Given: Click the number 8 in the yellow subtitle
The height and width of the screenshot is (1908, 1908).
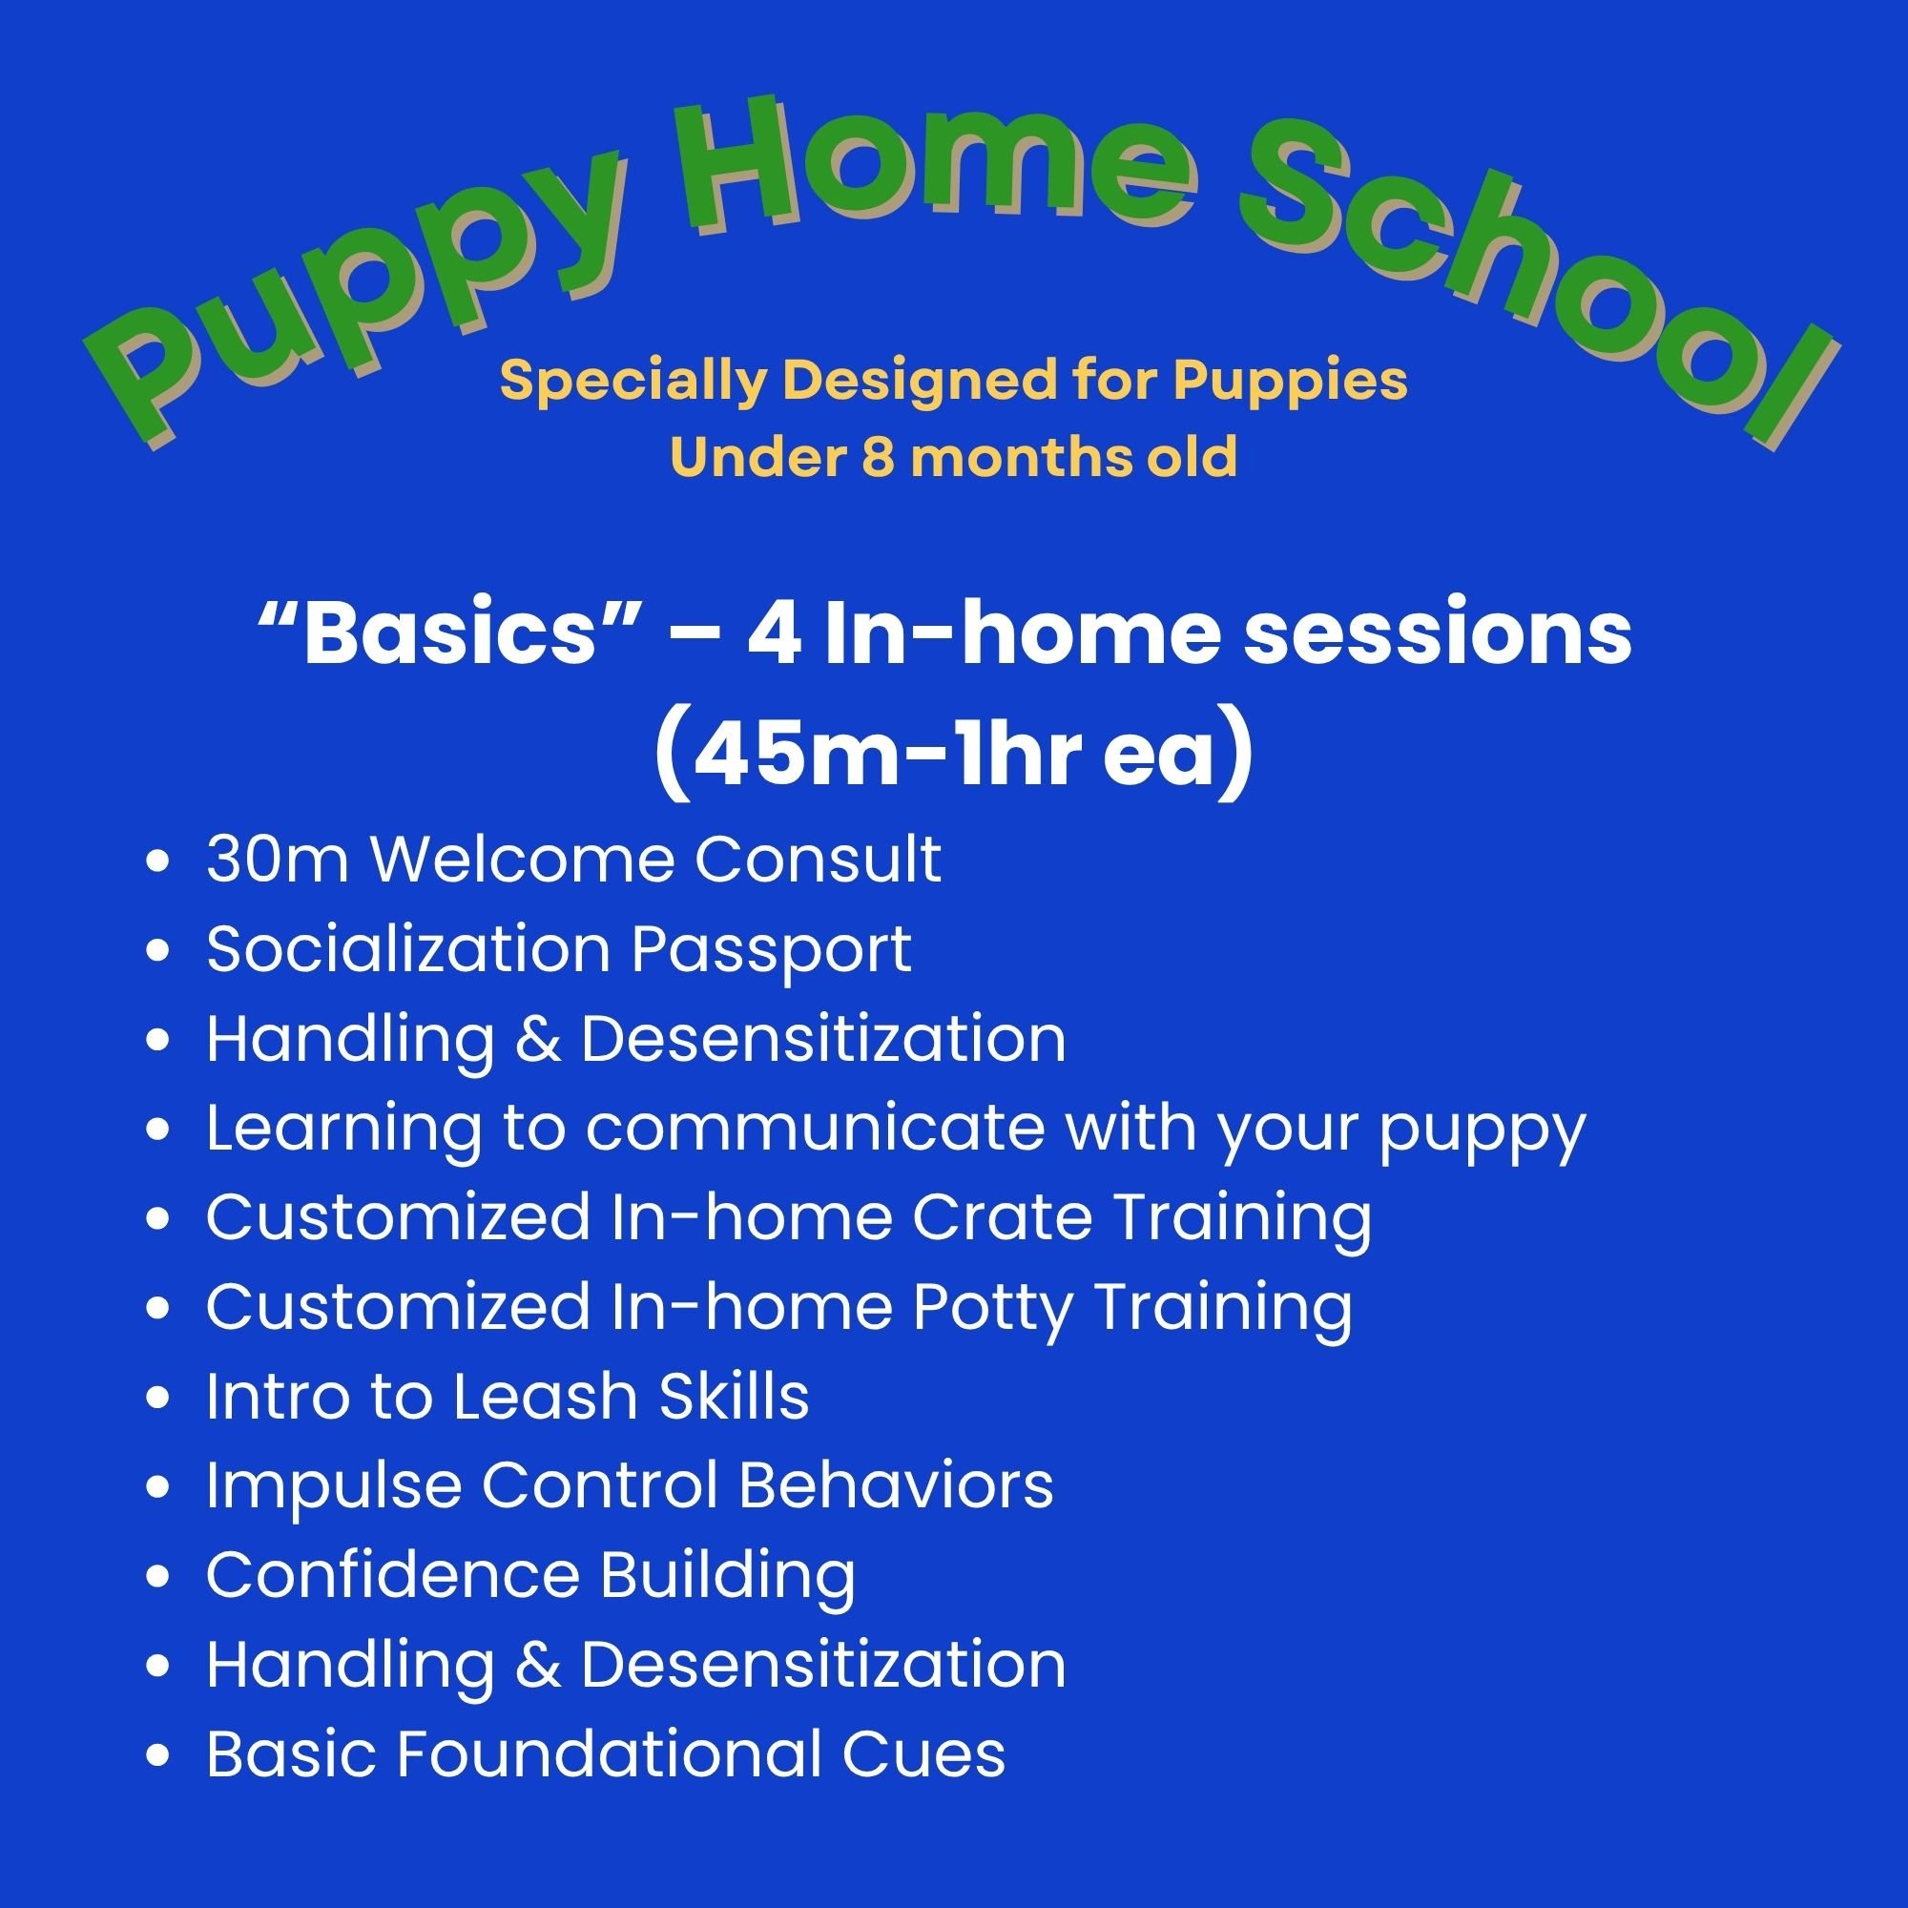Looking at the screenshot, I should point(877,457).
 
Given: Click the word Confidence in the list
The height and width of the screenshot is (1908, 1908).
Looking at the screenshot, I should point(393,1574).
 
